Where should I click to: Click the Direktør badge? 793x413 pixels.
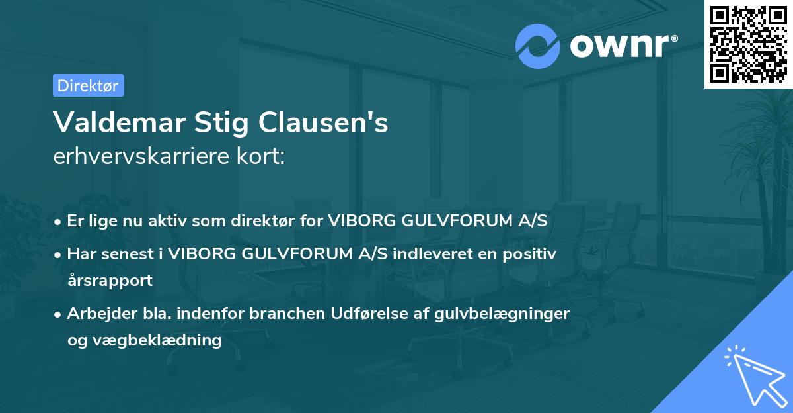click(88, 85)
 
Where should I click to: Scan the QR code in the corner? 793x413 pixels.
click(747, 44)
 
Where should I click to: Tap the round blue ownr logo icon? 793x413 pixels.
click(538, 45)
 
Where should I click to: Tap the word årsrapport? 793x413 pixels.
click(110, 280)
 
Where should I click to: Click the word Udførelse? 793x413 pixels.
click(365, 313)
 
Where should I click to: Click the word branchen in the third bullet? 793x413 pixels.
click(293, 313)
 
